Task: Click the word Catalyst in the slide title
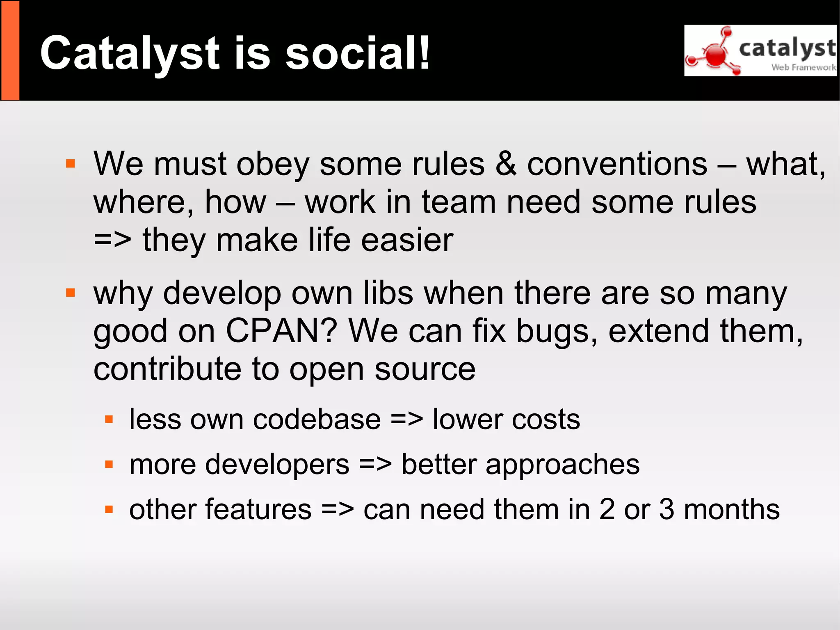click(x=130, y=53)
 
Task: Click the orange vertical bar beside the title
click(x=10, y=50)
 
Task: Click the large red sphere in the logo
click(x=716, y=55)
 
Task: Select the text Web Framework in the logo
click(x=803, y=67)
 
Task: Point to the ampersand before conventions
click(x=506, y=164)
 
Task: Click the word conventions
click(x=617, y=164)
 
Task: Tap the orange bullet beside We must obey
click(x=71, y=164)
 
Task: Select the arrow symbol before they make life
click(x=112, y=240)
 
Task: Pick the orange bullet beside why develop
click(x=71, y=293)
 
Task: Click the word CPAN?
click(x=281, y=331)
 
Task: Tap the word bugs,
click(x=556, y=332)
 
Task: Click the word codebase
click(x=317, y=419)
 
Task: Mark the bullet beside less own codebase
click(x=109, y=419)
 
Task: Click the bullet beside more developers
click(x=109, y=465)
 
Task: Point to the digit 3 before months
click(x=667, y=509)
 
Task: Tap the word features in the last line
click(x=258, y=509)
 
